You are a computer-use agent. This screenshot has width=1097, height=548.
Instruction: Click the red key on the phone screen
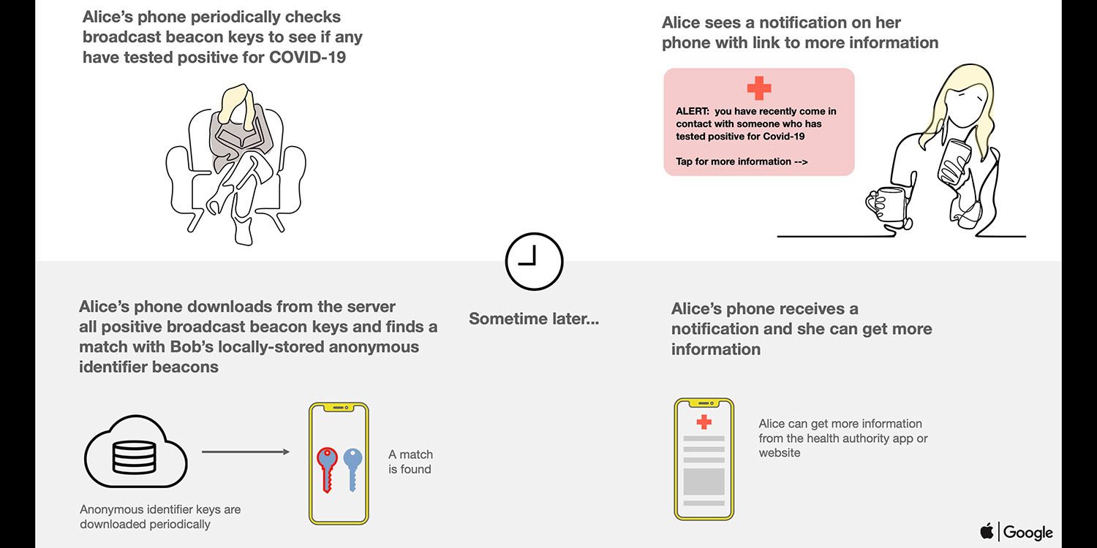point(326,468)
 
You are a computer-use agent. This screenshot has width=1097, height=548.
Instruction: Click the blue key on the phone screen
point(353,468)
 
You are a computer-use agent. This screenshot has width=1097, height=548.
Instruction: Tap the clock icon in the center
point(534,261)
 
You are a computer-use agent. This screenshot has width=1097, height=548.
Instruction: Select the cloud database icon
point(135,452)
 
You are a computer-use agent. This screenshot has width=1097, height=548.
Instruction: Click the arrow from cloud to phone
point(245,452)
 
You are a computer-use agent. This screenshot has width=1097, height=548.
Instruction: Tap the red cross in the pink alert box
point(759,88)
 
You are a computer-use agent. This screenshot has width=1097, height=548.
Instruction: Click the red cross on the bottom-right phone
point(704,422)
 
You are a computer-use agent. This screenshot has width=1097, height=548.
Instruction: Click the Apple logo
point(987,531)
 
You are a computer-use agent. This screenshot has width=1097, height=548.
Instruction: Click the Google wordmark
point(1028,532)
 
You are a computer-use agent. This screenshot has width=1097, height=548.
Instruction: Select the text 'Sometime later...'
point(534,319)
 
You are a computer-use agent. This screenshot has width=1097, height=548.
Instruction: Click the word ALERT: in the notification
point(692,112)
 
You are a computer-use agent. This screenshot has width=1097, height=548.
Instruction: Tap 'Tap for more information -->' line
point(742,161)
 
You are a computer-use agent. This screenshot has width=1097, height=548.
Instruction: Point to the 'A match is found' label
point(410,462)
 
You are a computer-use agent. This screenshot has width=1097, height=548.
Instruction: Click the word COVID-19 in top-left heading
point(307,57)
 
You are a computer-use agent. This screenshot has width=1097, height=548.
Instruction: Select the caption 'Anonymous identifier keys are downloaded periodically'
point(160,517)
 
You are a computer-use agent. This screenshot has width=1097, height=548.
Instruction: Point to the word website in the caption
point(780,453)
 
